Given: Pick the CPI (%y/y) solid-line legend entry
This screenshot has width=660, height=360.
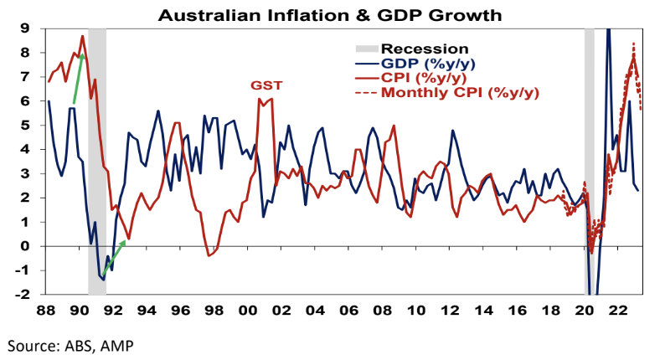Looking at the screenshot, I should click(x=416, y=77).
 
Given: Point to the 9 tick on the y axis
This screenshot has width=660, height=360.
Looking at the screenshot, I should click(x=26, y=28).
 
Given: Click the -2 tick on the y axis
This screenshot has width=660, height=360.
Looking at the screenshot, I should click(x=23, y=295).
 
